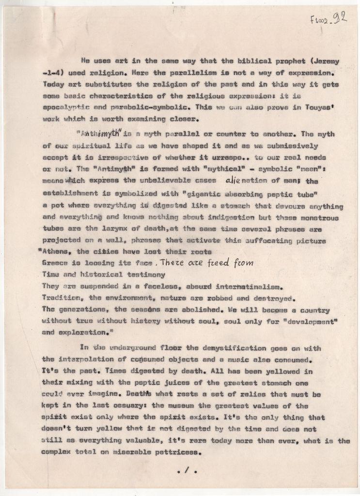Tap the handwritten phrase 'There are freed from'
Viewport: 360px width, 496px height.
[206, 263]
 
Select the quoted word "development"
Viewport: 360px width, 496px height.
[306, 321]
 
